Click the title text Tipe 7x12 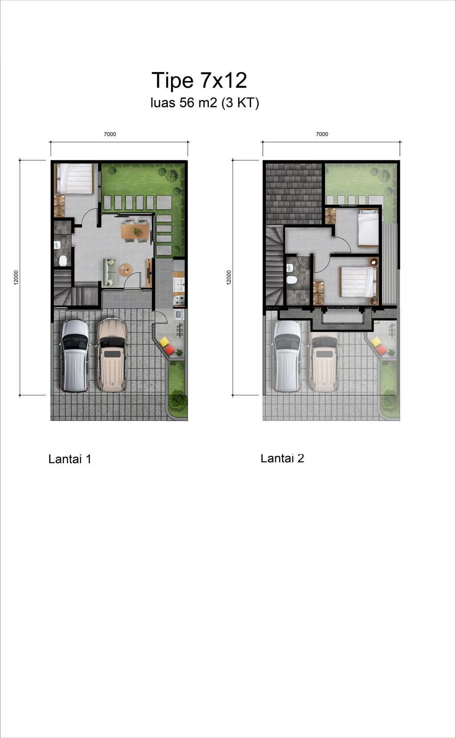[199, 80]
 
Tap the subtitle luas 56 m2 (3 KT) [205, 103]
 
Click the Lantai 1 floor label [69, 459]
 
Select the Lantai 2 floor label [282, 458]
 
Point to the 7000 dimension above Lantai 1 [110, 134]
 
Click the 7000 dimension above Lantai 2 [322, 134]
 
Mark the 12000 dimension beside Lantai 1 [16, 277]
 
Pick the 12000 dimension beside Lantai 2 [229, 277]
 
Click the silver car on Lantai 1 [75, 356]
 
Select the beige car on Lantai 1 [112, 355]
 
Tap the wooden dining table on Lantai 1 [136, 231]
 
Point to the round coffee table [125, 269]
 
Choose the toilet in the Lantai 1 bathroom [63, 261]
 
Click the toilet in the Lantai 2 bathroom [292, 280]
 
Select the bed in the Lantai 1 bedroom [75, 178]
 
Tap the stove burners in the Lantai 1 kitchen [179, 300]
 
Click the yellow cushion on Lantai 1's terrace [163, 342]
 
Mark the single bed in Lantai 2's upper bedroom [368, 227]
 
